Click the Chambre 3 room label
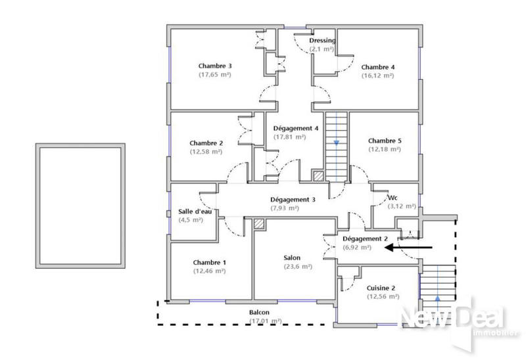214,66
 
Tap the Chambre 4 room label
377,67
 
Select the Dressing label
322,41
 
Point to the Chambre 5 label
385,141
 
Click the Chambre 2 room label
206,143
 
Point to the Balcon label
259,313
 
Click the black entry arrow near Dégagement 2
408,248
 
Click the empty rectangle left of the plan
80,205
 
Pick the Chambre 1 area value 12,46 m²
209,271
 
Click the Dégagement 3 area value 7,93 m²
284,208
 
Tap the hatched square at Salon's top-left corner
259,224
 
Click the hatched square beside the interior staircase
318,176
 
